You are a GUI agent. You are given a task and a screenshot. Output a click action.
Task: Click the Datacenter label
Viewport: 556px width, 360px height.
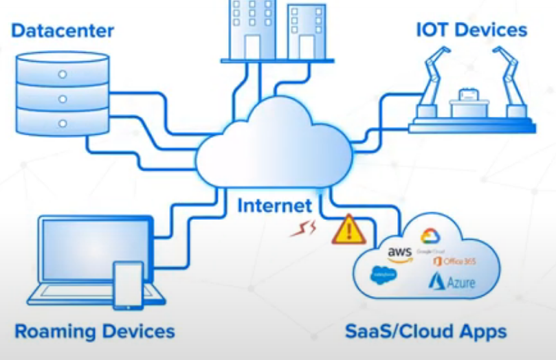[x=63, y=31]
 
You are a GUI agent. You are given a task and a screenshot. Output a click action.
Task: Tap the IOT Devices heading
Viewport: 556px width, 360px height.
[x=471, y=30]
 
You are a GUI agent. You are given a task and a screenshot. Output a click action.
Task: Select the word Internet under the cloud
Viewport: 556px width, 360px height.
[x=274, y=205]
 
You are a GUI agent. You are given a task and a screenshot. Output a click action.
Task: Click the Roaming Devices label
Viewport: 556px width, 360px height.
[x=95, y=332]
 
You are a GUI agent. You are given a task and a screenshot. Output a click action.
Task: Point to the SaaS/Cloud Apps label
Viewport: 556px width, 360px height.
[x=425, y=332]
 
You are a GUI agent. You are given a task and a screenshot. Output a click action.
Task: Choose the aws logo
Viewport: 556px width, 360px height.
[x=399, y=255]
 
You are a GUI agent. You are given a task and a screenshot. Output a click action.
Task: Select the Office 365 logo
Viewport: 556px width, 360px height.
[x=454, y=261]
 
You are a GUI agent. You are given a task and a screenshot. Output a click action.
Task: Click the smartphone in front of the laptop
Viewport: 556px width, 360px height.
[x=128, y=284]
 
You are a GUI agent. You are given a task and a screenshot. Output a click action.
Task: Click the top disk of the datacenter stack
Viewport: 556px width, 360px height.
[x=62, y=71]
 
